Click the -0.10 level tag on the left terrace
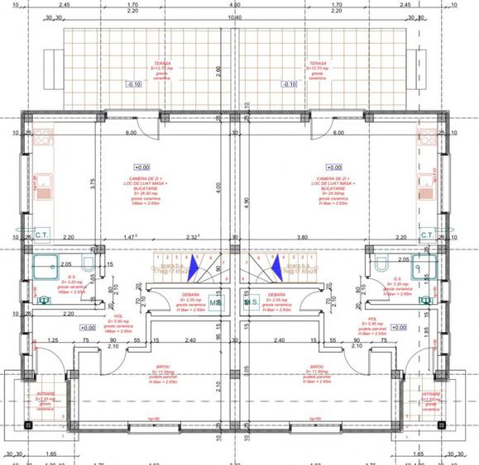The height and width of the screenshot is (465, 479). tap(134, 84)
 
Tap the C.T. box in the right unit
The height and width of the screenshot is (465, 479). tap(428, 235)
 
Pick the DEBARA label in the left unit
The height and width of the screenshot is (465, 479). tap(184, 293)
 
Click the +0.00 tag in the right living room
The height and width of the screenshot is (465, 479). tap(333, 166)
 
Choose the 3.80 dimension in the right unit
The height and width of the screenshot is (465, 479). tap(325, 236)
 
